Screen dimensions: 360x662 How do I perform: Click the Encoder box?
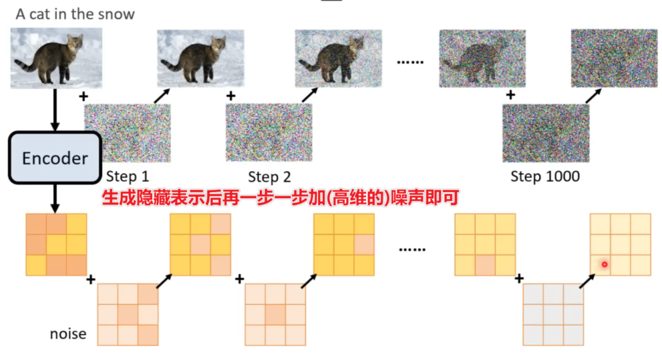pyautogui.click(x=55, y=158)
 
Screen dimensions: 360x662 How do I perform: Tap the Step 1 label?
pyautogui.click(x=128, y=177)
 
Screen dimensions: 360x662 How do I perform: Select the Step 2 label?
pyautogui.click(x=269, y=177)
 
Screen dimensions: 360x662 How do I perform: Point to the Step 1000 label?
pyautogui.click(x=545, y=177)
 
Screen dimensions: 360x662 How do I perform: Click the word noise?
pyautogui.click(x=68, y=333)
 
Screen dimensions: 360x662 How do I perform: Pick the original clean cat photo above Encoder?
pyautogui.click(x=55, y=59)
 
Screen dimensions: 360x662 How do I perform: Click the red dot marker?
pyautogui.click(x=604, y=264)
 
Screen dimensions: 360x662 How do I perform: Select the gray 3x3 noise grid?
pyautogui.click(x=553, y=313)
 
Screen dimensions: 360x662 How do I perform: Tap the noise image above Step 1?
pyautogui.click(x=127, y=133)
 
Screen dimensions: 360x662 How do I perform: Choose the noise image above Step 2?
pyautogui.click(x=269, y=133)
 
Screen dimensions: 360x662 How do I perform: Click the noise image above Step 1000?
pyautogui.click(x=546, y=133)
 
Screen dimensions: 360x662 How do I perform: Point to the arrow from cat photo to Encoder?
pyautogui.click(x=55, y=110)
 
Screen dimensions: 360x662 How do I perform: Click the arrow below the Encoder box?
pyautogui.click(x=55, y=197)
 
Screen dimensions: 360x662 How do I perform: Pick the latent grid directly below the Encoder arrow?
pyautogui.click(x=56, y=244)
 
